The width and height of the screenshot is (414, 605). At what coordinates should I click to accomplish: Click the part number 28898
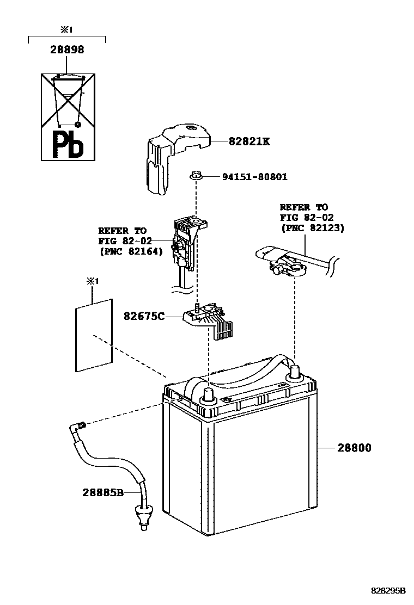point(67,50)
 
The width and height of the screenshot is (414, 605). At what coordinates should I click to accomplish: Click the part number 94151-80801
point(254,177)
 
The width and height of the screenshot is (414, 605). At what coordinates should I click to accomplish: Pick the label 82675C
point(144,316)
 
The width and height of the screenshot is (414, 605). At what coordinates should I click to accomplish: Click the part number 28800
point(354,448)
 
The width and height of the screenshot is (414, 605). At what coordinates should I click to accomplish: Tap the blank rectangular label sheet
point(94,335)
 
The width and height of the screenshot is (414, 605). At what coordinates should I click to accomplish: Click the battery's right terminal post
point(295,374)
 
